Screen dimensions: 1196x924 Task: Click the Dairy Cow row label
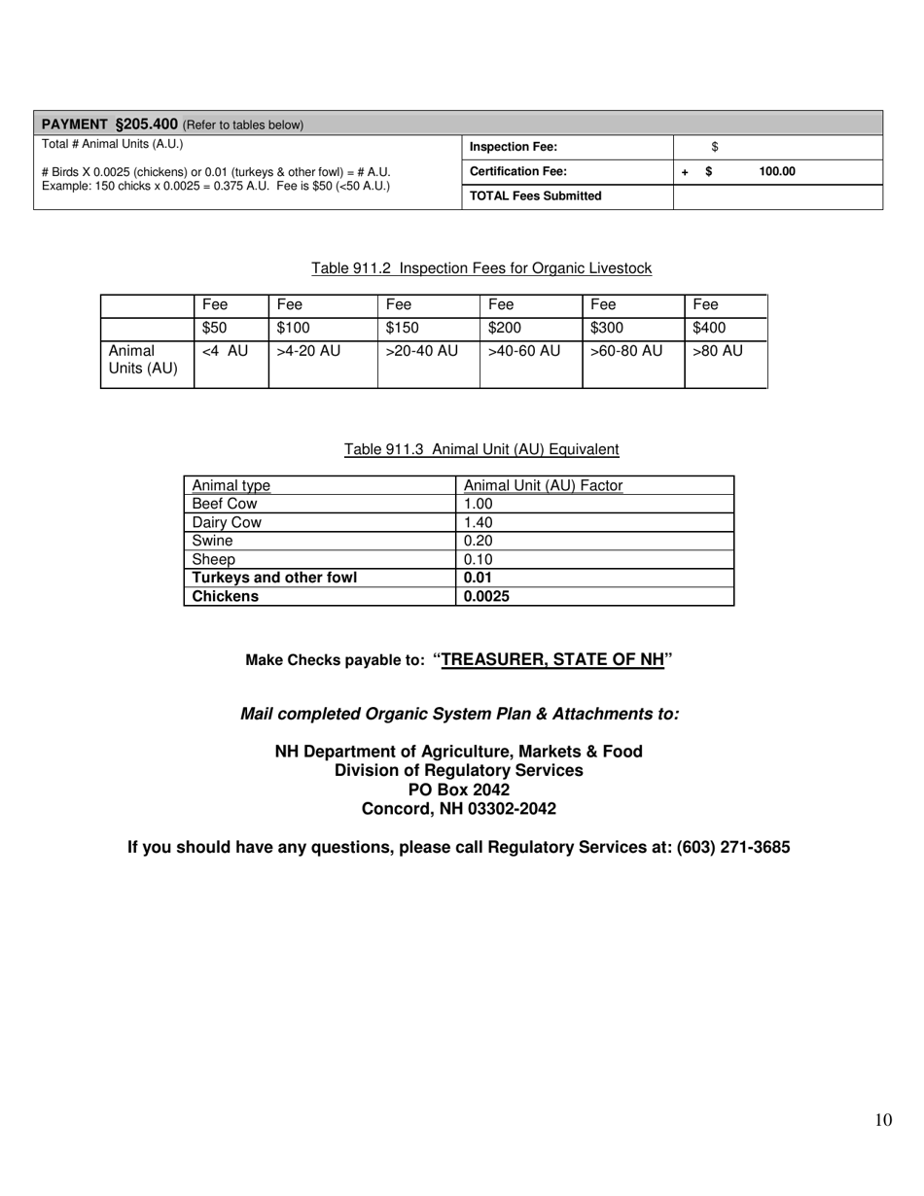click(x=227, y=522)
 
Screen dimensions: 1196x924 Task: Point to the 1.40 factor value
click(x=479, y=522)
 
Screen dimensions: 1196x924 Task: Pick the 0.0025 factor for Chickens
click(x=486, y=596)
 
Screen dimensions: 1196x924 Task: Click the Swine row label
click(x=212, y=541)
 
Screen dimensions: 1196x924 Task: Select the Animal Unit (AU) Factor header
click(x=543, y=485)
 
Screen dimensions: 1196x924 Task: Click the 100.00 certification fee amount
click(x=777, y=172)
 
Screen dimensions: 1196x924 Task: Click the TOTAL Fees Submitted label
click(x=535, y=196)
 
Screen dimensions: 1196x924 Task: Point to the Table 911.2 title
click(x=481, y=268)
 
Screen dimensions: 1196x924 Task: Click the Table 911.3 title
click(x=481, y=449)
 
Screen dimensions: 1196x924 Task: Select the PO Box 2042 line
click(x=459, y=790)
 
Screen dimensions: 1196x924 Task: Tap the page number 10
click(x=882, y=1120)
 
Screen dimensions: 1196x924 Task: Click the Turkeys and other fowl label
click(x=274, y=578)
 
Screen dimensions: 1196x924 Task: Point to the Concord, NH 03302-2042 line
click(x=459, y=809)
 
